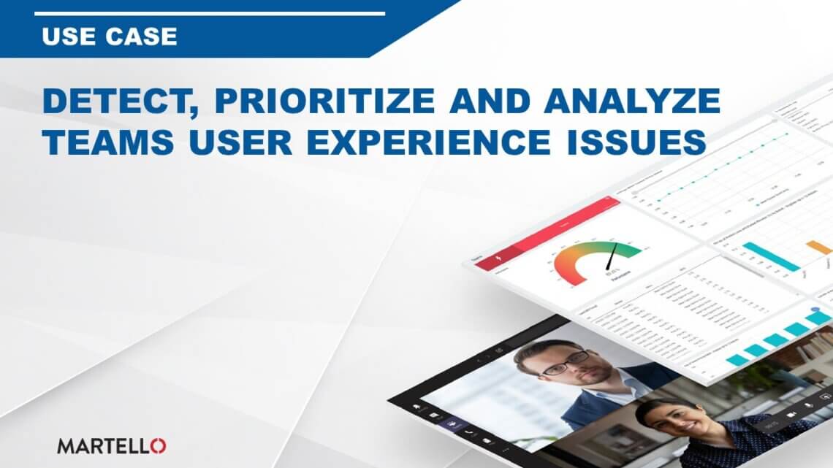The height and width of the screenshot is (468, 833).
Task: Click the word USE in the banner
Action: pyautogui.click(x=69, y=36)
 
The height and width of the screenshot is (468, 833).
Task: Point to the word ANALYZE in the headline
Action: pyautogui.click(x=629, y=102)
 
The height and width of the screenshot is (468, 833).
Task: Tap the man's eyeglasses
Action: pyautogui.click(x=563, y=361)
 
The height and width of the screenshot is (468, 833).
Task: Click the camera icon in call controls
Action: pyautogui.click(x=791, y=413)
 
